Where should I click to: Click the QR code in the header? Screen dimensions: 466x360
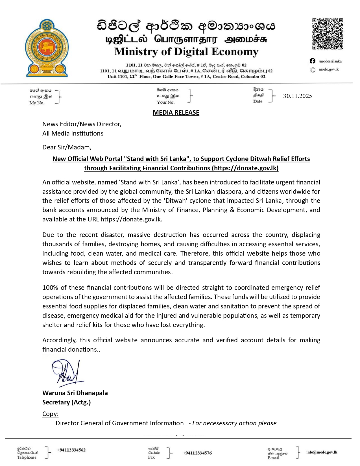(328, 34)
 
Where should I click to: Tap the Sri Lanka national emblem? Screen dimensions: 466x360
(47, 48)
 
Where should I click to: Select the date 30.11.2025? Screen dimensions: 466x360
(297, 96)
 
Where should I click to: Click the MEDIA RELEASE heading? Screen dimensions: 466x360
(176, 113)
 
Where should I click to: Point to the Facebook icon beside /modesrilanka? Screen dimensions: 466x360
(313, 61)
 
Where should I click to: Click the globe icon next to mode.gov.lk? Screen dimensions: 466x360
(313, 70)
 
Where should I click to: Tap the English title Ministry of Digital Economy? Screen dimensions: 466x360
(186, 52)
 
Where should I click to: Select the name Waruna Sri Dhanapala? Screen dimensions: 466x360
(75, 393)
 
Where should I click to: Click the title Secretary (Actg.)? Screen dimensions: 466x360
(67, 402)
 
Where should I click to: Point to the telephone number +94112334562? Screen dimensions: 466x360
(71, 450)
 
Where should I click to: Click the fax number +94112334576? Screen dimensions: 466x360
(197, 453)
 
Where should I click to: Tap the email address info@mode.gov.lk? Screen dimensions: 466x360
(322, 452)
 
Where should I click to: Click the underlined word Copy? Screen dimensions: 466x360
(51, 414)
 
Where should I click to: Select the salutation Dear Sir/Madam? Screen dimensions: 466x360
(67, 147)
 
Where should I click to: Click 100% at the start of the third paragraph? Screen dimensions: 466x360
(50, 288)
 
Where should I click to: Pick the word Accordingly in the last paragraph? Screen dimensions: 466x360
(59, 340)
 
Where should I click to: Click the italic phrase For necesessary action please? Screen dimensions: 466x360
(234, 423)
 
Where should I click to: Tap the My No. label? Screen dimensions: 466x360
(37, 103)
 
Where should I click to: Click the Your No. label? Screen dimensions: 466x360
(165, 102)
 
